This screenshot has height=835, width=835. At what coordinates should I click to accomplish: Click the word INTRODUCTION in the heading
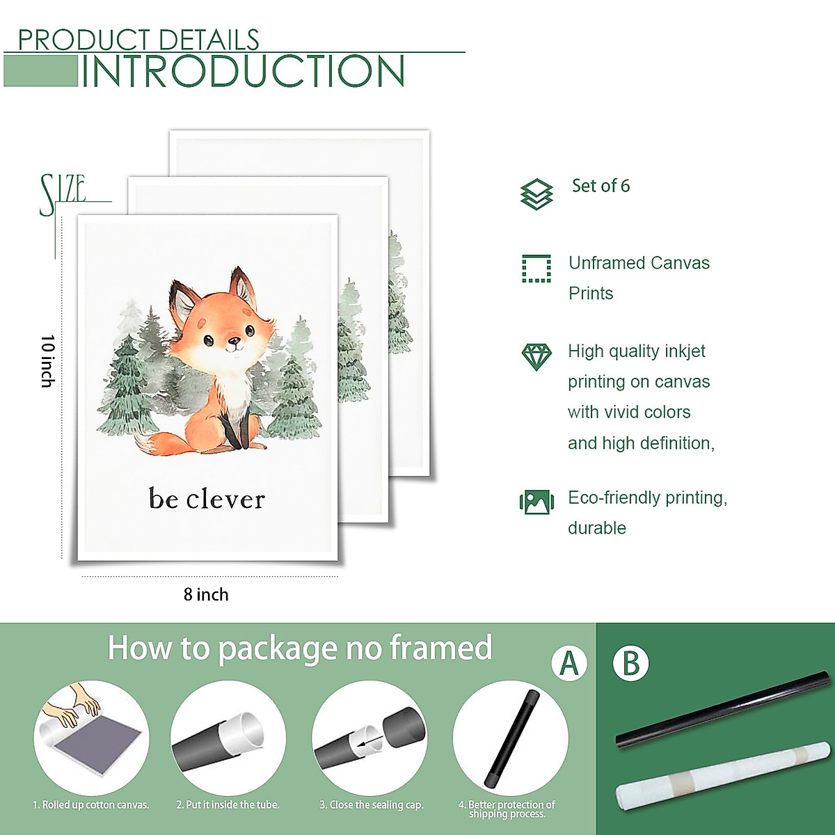(244, 71)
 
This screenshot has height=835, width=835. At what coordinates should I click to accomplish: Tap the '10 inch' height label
(47, 360)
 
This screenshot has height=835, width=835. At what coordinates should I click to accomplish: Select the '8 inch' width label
(206, 594)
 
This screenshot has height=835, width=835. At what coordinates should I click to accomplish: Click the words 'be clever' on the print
(207, 499)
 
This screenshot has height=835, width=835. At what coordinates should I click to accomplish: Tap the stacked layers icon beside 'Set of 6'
(536, 193)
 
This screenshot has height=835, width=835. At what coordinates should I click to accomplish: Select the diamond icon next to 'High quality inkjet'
(536, 356)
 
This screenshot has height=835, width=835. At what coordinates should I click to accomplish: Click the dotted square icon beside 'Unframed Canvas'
(536, 269)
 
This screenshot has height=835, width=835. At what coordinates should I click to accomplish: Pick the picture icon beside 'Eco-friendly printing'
(536, 502)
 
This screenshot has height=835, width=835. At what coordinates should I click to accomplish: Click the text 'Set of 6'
(601, 186)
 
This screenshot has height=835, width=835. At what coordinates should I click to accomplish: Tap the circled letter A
(569, 663)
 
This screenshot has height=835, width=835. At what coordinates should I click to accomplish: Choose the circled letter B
(630, 663)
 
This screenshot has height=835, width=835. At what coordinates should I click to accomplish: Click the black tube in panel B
(724, 710)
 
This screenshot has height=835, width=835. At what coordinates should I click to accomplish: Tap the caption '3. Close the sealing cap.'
(372, 805)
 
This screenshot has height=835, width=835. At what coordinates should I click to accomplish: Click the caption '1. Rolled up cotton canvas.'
(91, 805)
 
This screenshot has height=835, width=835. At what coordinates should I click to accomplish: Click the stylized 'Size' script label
(63, 193)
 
